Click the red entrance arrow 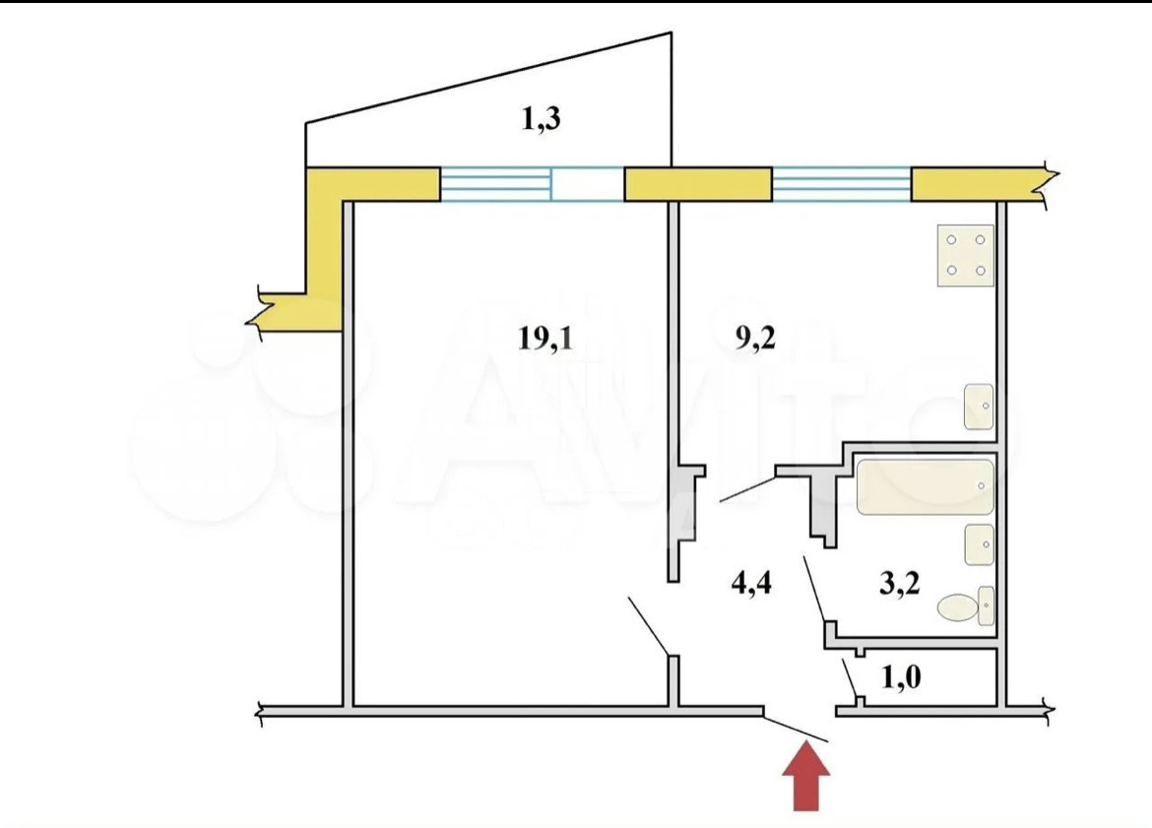coord(806,778)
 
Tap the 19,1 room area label coord(544,339)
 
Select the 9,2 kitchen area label coord(755,339)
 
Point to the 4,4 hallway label coord(750,584)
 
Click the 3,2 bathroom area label coord(898,584)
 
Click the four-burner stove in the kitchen coord(965,255)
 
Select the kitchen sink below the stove coord(979,407)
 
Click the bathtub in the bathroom coord(925,486)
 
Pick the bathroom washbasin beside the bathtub coord(979,544)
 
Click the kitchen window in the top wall coord(841,184)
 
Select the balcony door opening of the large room coord(587,184)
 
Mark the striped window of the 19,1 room coord(494,184)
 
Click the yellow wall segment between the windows coord(698,184)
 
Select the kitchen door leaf coord(748,488)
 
